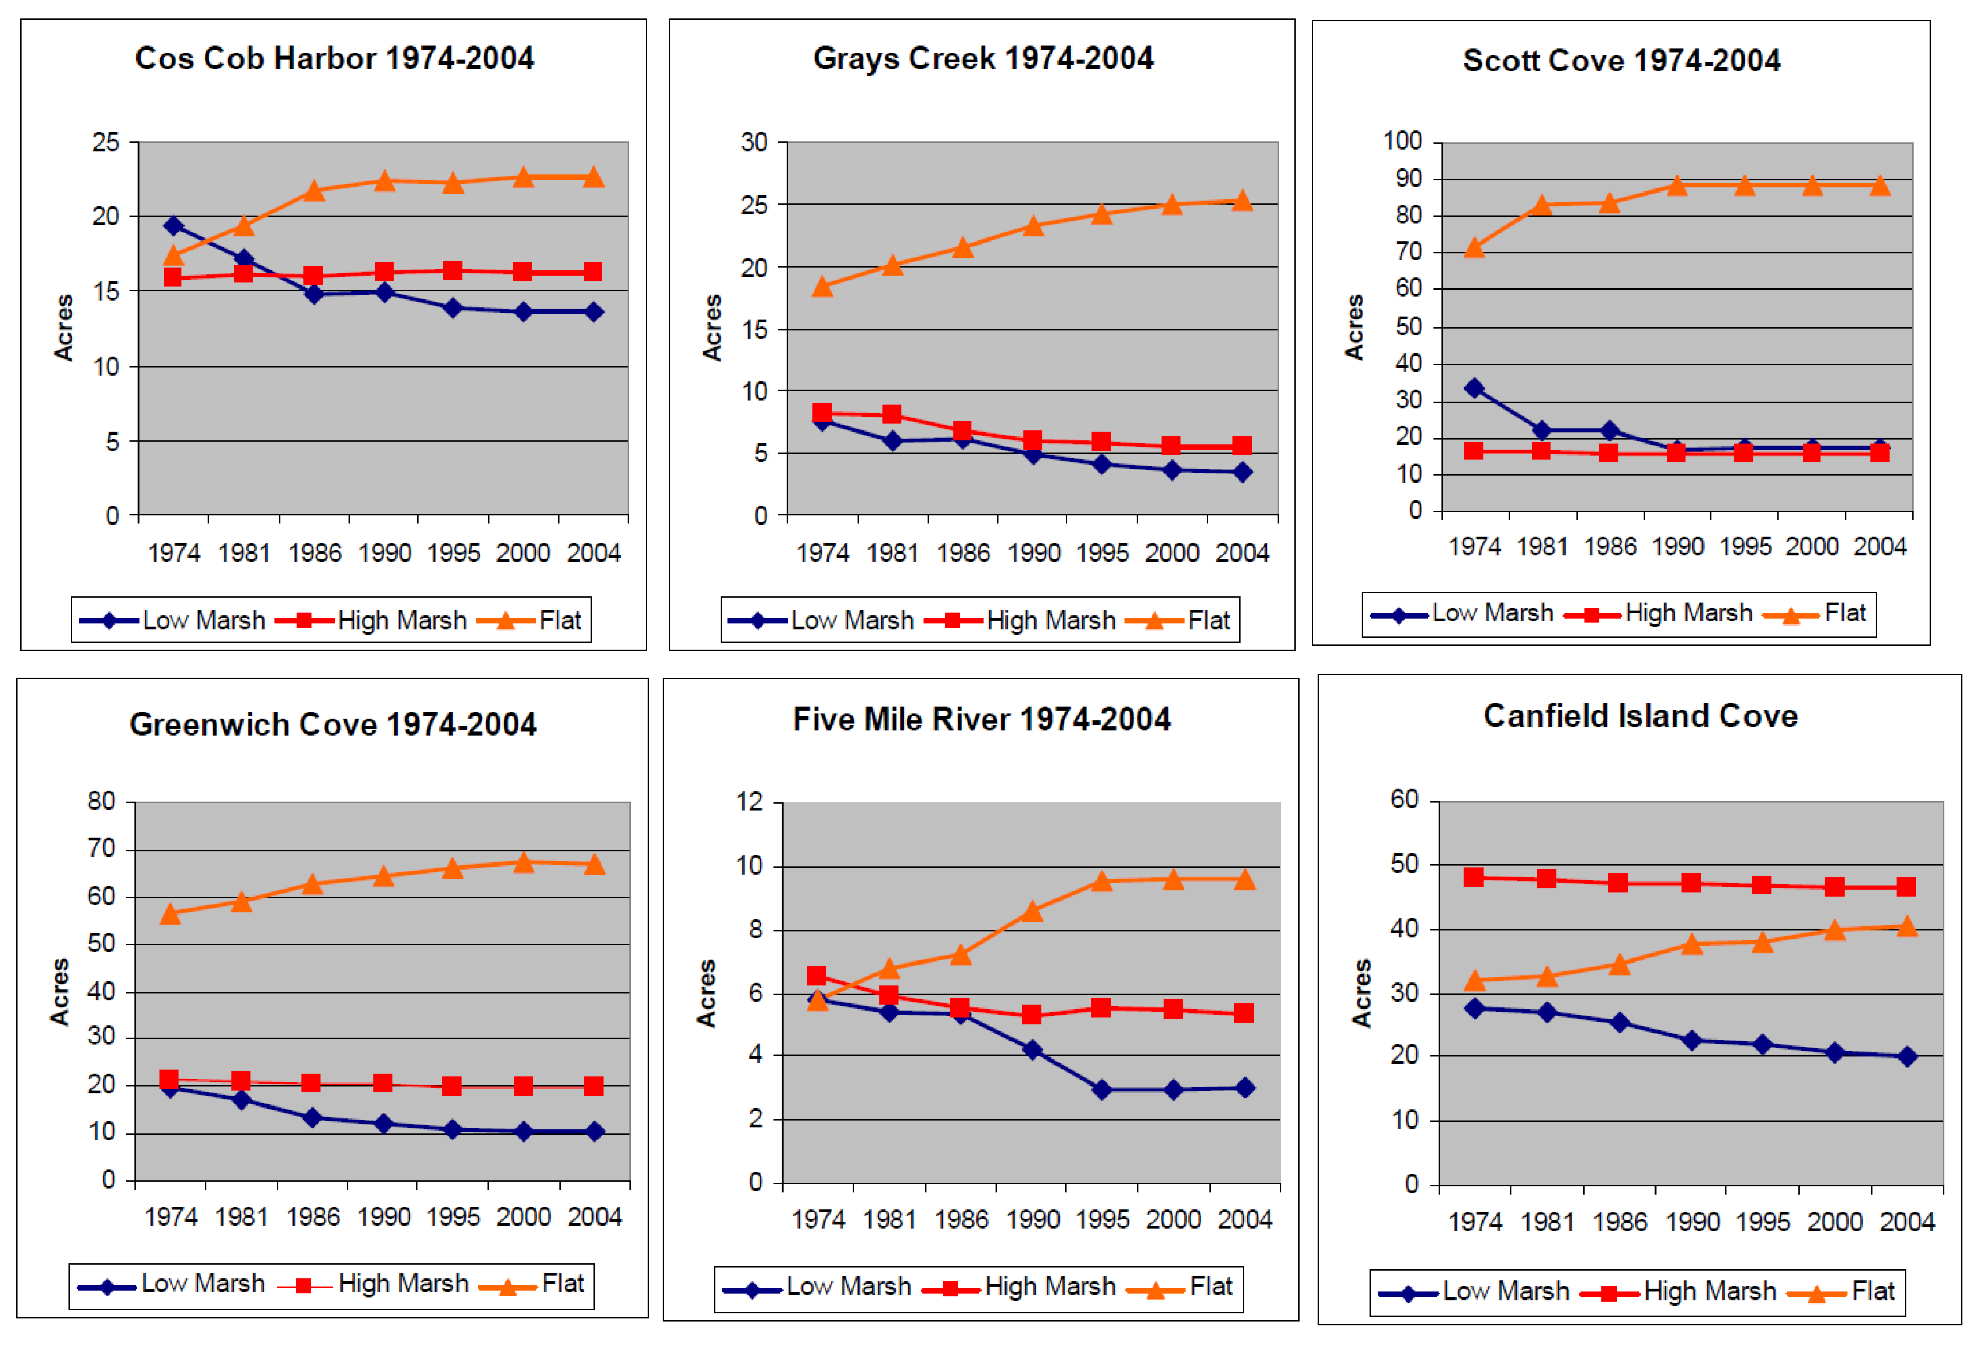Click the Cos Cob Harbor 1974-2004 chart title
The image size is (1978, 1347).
(x=335, y=59)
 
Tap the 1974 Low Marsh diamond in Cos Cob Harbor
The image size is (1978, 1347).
(x=173, y=225)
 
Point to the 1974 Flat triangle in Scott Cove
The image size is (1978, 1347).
(x=1474, y=248)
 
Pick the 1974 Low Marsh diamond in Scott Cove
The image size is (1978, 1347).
(x=1474, y=388)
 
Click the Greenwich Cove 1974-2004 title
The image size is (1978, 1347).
(x=333, y=724)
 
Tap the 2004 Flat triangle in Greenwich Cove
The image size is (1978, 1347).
(x=594, y=864)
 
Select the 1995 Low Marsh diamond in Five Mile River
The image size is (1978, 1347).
(x=1101, y=1090)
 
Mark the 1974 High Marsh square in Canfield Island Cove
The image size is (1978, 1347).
(x=1474, y=877)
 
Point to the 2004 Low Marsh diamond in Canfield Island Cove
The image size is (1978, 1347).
(x=1907, y=1057)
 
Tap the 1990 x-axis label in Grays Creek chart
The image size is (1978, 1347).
(x=1033, y=553)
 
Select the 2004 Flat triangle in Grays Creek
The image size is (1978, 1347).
(x=1242, y=201)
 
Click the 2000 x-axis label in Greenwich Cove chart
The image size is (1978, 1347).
(x=523, y=1217)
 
